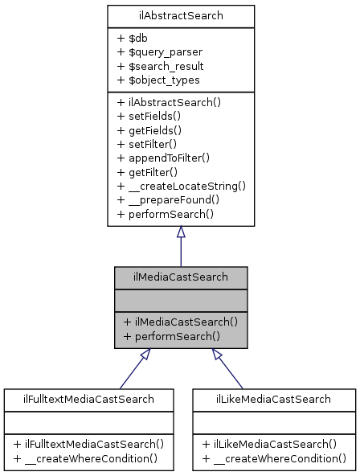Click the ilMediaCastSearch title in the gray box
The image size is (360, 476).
click(x=181, y=277)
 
